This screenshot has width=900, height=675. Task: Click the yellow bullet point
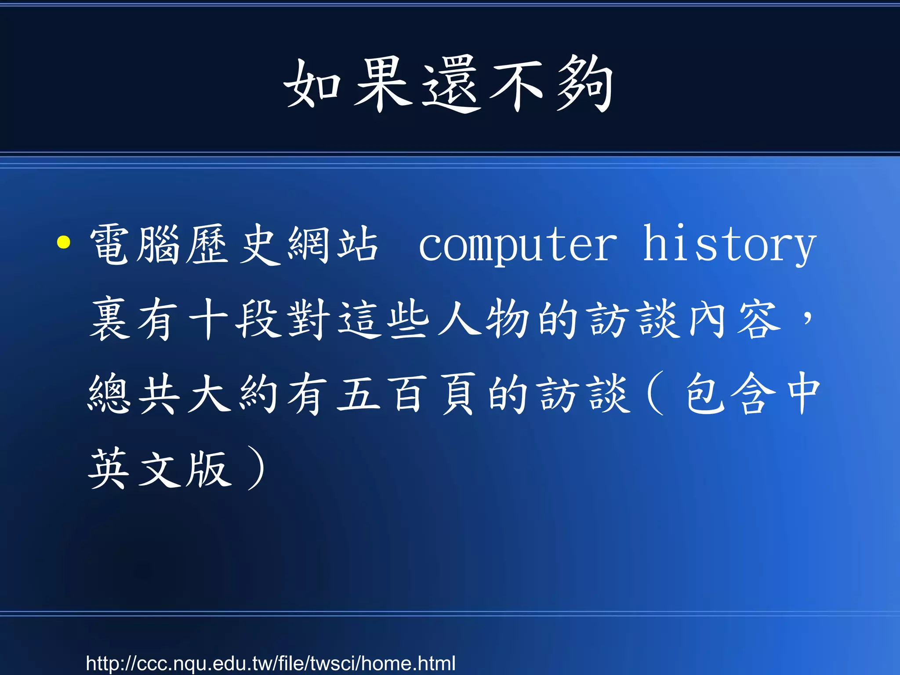(64, 242)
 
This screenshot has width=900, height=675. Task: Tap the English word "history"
(729, 244)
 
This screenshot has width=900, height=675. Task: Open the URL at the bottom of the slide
(271, 664)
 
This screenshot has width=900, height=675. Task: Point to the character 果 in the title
(382, 83)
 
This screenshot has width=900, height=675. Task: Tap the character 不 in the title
(517, 83)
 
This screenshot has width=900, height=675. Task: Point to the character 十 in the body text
(209, 319)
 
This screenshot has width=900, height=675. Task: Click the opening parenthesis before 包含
(655, 394)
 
